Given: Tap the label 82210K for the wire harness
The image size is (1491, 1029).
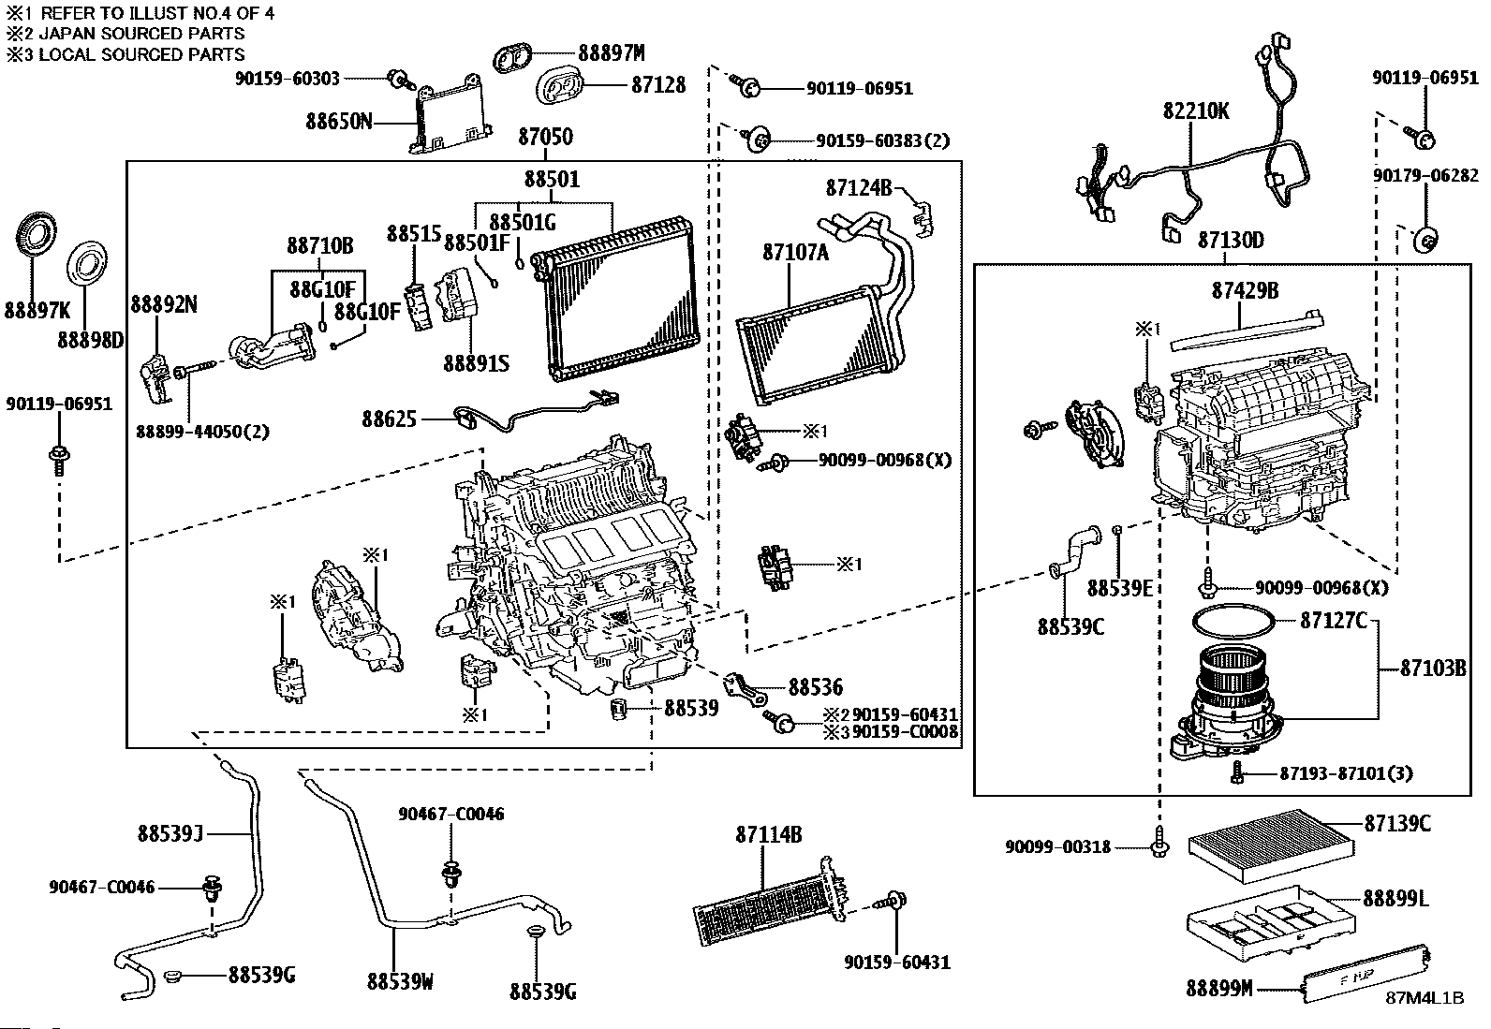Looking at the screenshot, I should coord(1196,111).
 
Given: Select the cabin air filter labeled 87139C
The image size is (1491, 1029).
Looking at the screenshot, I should coord(1270,845).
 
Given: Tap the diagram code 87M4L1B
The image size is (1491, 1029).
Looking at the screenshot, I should coord(1425,997).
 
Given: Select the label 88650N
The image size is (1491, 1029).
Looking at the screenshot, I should coord(338,122).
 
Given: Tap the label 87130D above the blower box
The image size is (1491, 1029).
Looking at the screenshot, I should coord(1230,242).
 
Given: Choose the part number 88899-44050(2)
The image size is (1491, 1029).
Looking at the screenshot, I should coord(202,432).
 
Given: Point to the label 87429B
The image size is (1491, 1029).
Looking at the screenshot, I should coord(1245,290).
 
